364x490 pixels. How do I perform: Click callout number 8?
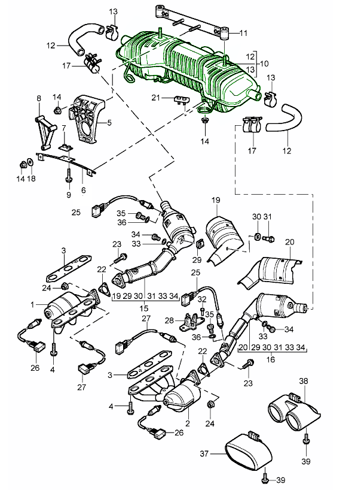(39, 98)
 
